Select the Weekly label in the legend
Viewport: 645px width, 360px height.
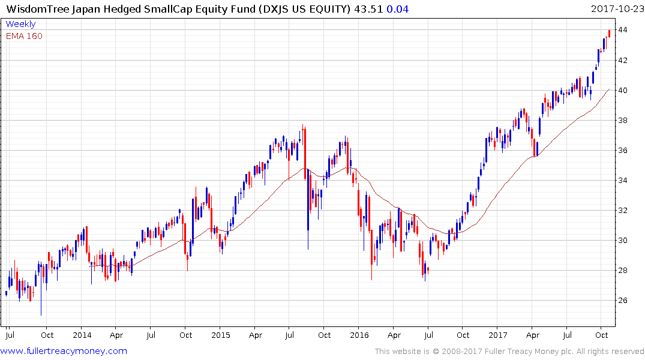click(x=20, y=24)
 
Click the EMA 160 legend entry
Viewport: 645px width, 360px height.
click(x=24, y=36)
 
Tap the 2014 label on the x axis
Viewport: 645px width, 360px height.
click(x=82, y=335)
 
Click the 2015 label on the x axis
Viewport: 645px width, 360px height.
click(x=220, y=335)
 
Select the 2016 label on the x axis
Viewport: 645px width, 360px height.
click(x=359, y=335)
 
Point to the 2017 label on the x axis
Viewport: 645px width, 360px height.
click(x=497, y=335)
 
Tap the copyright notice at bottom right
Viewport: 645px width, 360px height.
click(x=509, y=352)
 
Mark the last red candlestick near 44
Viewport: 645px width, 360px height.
click(x=609, y=34)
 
